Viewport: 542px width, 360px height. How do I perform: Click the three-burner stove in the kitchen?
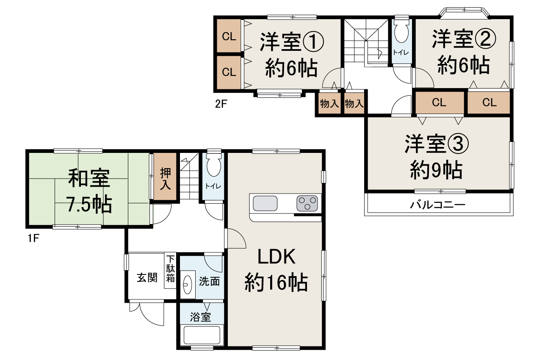coord(307,203)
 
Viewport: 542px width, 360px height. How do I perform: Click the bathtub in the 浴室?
coord(201,335)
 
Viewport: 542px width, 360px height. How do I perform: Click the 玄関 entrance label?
coord(147,277)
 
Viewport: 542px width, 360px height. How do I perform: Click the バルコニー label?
coord(437,205)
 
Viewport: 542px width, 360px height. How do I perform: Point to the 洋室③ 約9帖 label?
coord(436,156)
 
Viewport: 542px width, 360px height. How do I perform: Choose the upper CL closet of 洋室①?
coord(229,37)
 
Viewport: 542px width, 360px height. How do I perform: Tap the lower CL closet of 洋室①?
coord(229,72)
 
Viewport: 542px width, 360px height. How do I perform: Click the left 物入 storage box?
coord(329,104)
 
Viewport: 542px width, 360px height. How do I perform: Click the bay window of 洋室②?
coord(464,11)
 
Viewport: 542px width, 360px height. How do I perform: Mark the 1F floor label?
coord(33,238)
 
